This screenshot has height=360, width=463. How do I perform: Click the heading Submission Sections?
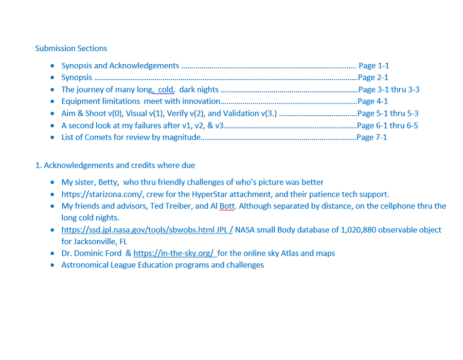[x=71, y=48]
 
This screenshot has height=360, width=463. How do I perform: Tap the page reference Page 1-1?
[x=373, y=66]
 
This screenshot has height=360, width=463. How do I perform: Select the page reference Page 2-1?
[x=373, y=78]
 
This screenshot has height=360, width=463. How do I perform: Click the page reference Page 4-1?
[x=372, y=101]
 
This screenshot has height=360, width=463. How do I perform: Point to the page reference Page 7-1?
[x=371, y=137]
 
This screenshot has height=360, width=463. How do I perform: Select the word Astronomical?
[x=85, y=265]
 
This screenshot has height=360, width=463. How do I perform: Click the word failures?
[x=148, y=125]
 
